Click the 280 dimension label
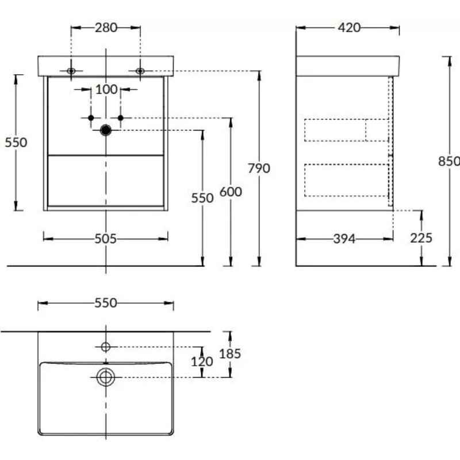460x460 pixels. (106, 28)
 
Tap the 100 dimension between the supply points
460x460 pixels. (106, 90)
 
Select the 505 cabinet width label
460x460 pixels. (106, 239)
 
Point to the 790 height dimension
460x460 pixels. (259, 168)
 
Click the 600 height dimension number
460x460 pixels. (231, 192)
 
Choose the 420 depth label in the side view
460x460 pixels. (349, 28)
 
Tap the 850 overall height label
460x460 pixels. (449, 162)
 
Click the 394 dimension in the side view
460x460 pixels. (344, 239)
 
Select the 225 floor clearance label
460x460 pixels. (421, 238)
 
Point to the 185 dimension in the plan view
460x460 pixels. (230, 354)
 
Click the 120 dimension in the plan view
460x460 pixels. (202, 362)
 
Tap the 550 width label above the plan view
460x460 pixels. (106, 303)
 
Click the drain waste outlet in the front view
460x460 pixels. (106, 130)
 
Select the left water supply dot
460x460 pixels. (91, 118)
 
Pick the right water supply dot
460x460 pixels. (121, 118)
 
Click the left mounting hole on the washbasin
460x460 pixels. (71, 71)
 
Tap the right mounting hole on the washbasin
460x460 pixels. (140, 71)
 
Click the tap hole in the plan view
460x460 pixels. (106, 347)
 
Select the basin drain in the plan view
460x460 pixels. (106, 377)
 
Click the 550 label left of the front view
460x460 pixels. (16, 143)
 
